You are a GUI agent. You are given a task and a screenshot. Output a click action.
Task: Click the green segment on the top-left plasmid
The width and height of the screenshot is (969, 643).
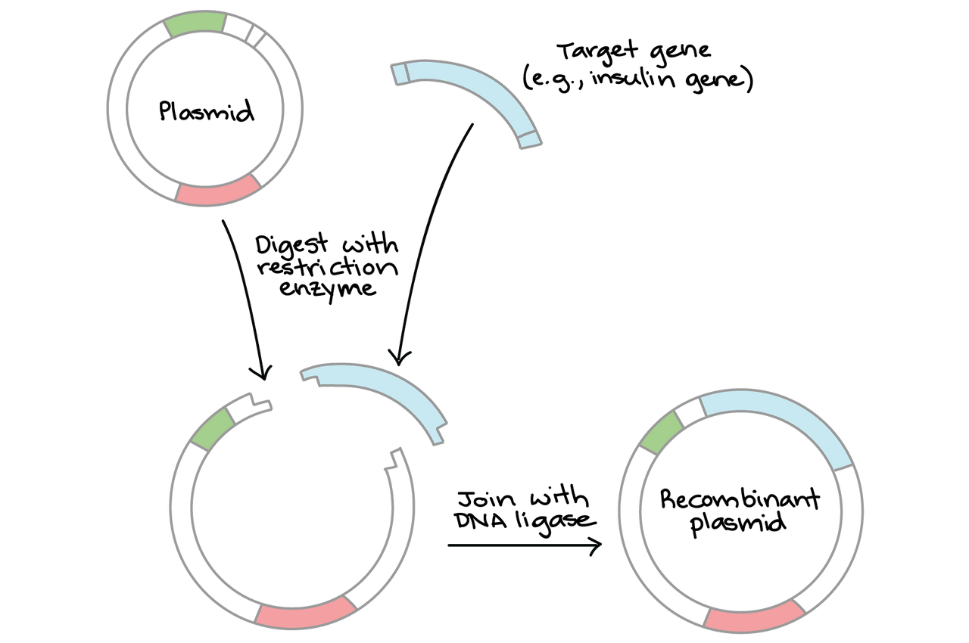[195, 24]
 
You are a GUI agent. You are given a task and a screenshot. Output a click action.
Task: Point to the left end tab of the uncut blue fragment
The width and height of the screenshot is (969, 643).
[398, 73]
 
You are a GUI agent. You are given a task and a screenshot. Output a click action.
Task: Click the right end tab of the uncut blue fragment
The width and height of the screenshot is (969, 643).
[530, 139]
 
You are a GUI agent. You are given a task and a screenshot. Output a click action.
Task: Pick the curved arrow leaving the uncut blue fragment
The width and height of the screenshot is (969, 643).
[428, 235]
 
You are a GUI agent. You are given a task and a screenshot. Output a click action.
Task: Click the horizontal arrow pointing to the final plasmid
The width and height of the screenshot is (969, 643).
[522, 545]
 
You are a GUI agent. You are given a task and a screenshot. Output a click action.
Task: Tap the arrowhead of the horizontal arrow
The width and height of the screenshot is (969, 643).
[594, 545]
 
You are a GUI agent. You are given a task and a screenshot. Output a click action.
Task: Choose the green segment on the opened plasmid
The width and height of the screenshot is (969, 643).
[213, 429]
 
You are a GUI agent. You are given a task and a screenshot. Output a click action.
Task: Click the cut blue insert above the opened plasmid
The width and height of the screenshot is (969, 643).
[379, 386]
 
